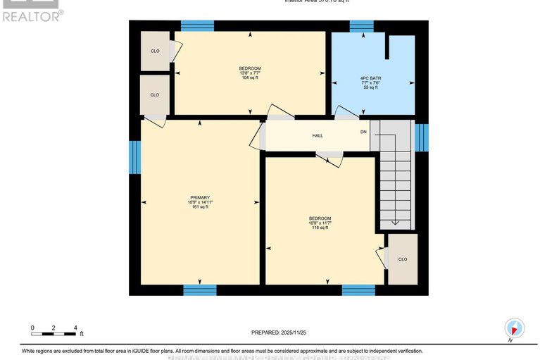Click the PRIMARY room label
click(200, 197)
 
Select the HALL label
click(318, 135)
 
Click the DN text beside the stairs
click(363, 132)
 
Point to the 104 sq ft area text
click(249, 78)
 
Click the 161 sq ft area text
click(200, 207)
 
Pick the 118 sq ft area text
click(320, 228)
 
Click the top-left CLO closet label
click(155, 51)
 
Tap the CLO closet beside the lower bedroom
click(403, 259)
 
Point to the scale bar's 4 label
click(75, 328)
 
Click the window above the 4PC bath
click(362, 26)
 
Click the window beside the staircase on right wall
click(421, 137)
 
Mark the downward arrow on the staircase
click(394, 222)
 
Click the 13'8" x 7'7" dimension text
click(249, 73)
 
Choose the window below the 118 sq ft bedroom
click(358, 290)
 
